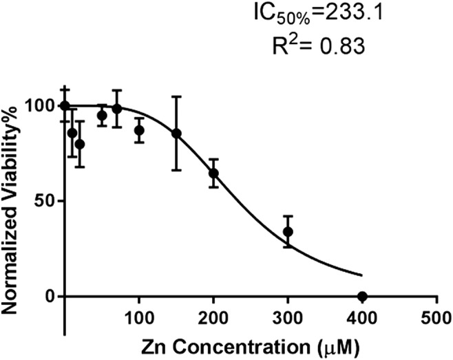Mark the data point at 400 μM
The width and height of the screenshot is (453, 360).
pyautogui.click(x=362, y=296)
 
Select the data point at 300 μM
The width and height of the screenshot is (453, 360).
pyautogui.click(x=288, y=231)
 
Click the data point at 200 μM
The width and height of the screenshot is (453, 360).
pyautogui.click(x=213, y=173)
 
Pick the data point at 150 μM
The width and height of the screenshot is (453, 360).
pyautogui.click(x=176, y=133)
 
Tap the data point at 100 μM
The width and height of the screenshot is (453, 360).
pyautogui.click(x=139, y=130)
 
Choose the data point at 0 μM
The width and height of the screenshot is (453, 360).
pyautogui.click(x=65, y=106)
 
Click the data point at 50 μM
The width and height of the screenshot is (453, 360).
pyautogui.click(x=102, y=115)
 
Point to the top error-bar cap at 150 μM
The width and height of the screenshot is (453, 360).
pyautogui.click(x=176, y=97)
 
